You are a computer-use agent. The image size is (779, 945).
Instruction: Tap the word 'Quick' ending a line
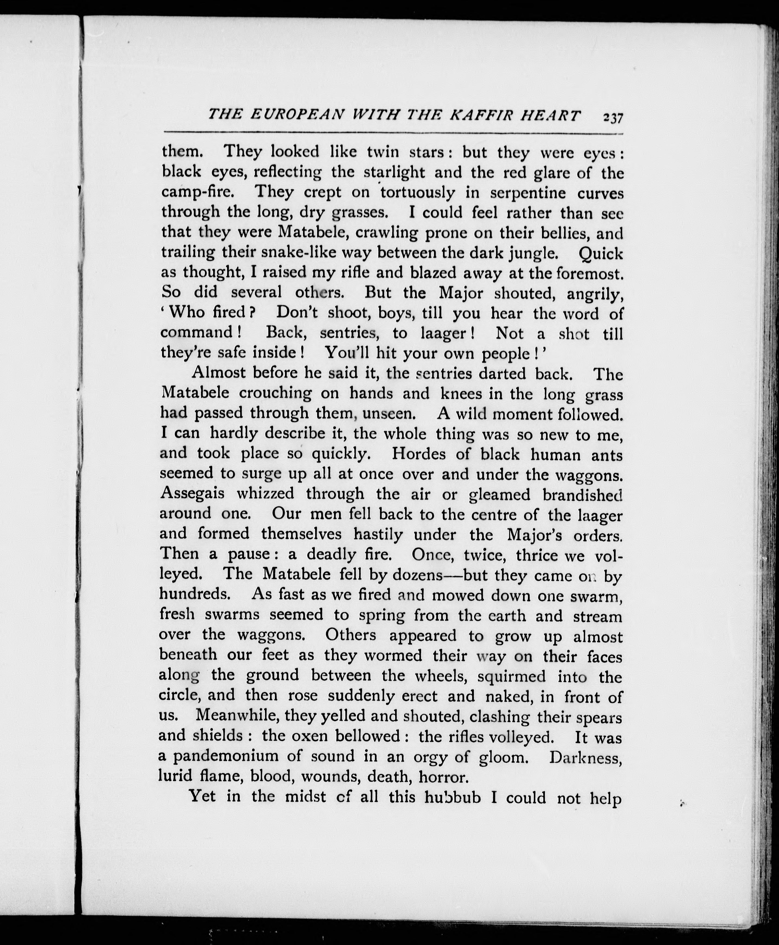pyautogui.click(x=600, y=254)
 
